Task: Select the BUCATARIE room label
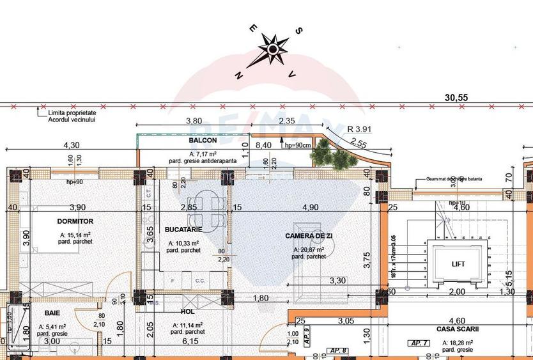coord(183,229)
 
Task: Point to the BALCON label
coord(203,140)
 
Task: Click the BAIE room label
coord(53,313)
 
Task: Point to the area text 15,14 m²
coord(71,235)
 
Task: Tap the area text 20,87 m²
coord(308,249)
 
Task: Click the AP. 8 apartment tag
coord(340,350)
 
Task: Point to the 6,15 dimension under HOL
coord(187,341)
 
